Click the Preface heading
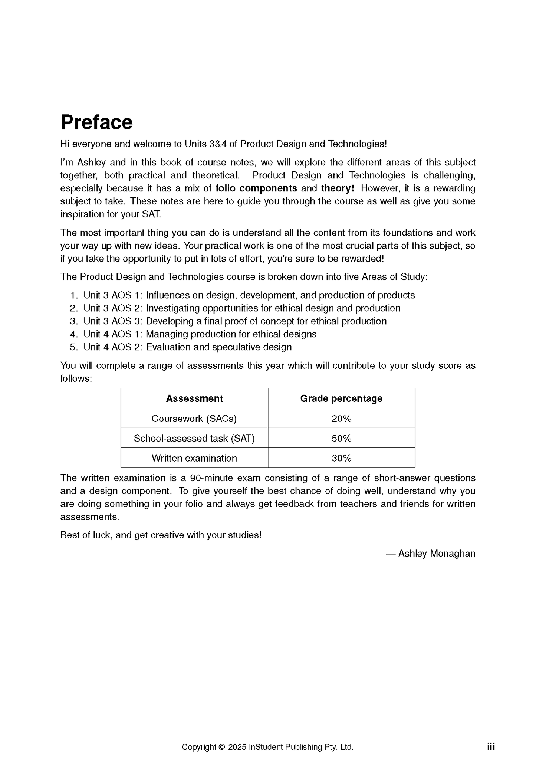(x=96, y=122)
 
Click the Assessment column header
(x=194, y=398)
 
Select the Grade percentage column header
(x=341, y=398)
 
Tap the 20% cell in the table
(x=341, y=419)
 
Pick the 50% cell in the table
(x=341, y=438)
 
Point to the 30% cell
(x=341, y=458)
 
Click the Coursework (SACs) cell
(x=194, y=419)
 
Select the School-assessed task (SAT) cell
(x=194, y=438)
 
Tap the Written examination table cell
(x=194, y=458)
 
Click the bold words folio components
(x=256, y=188)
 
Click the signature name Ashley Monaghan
(x=437, y=554)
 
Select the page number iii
(x=491, y=746)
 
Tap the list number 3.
(x=73, y=321)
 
